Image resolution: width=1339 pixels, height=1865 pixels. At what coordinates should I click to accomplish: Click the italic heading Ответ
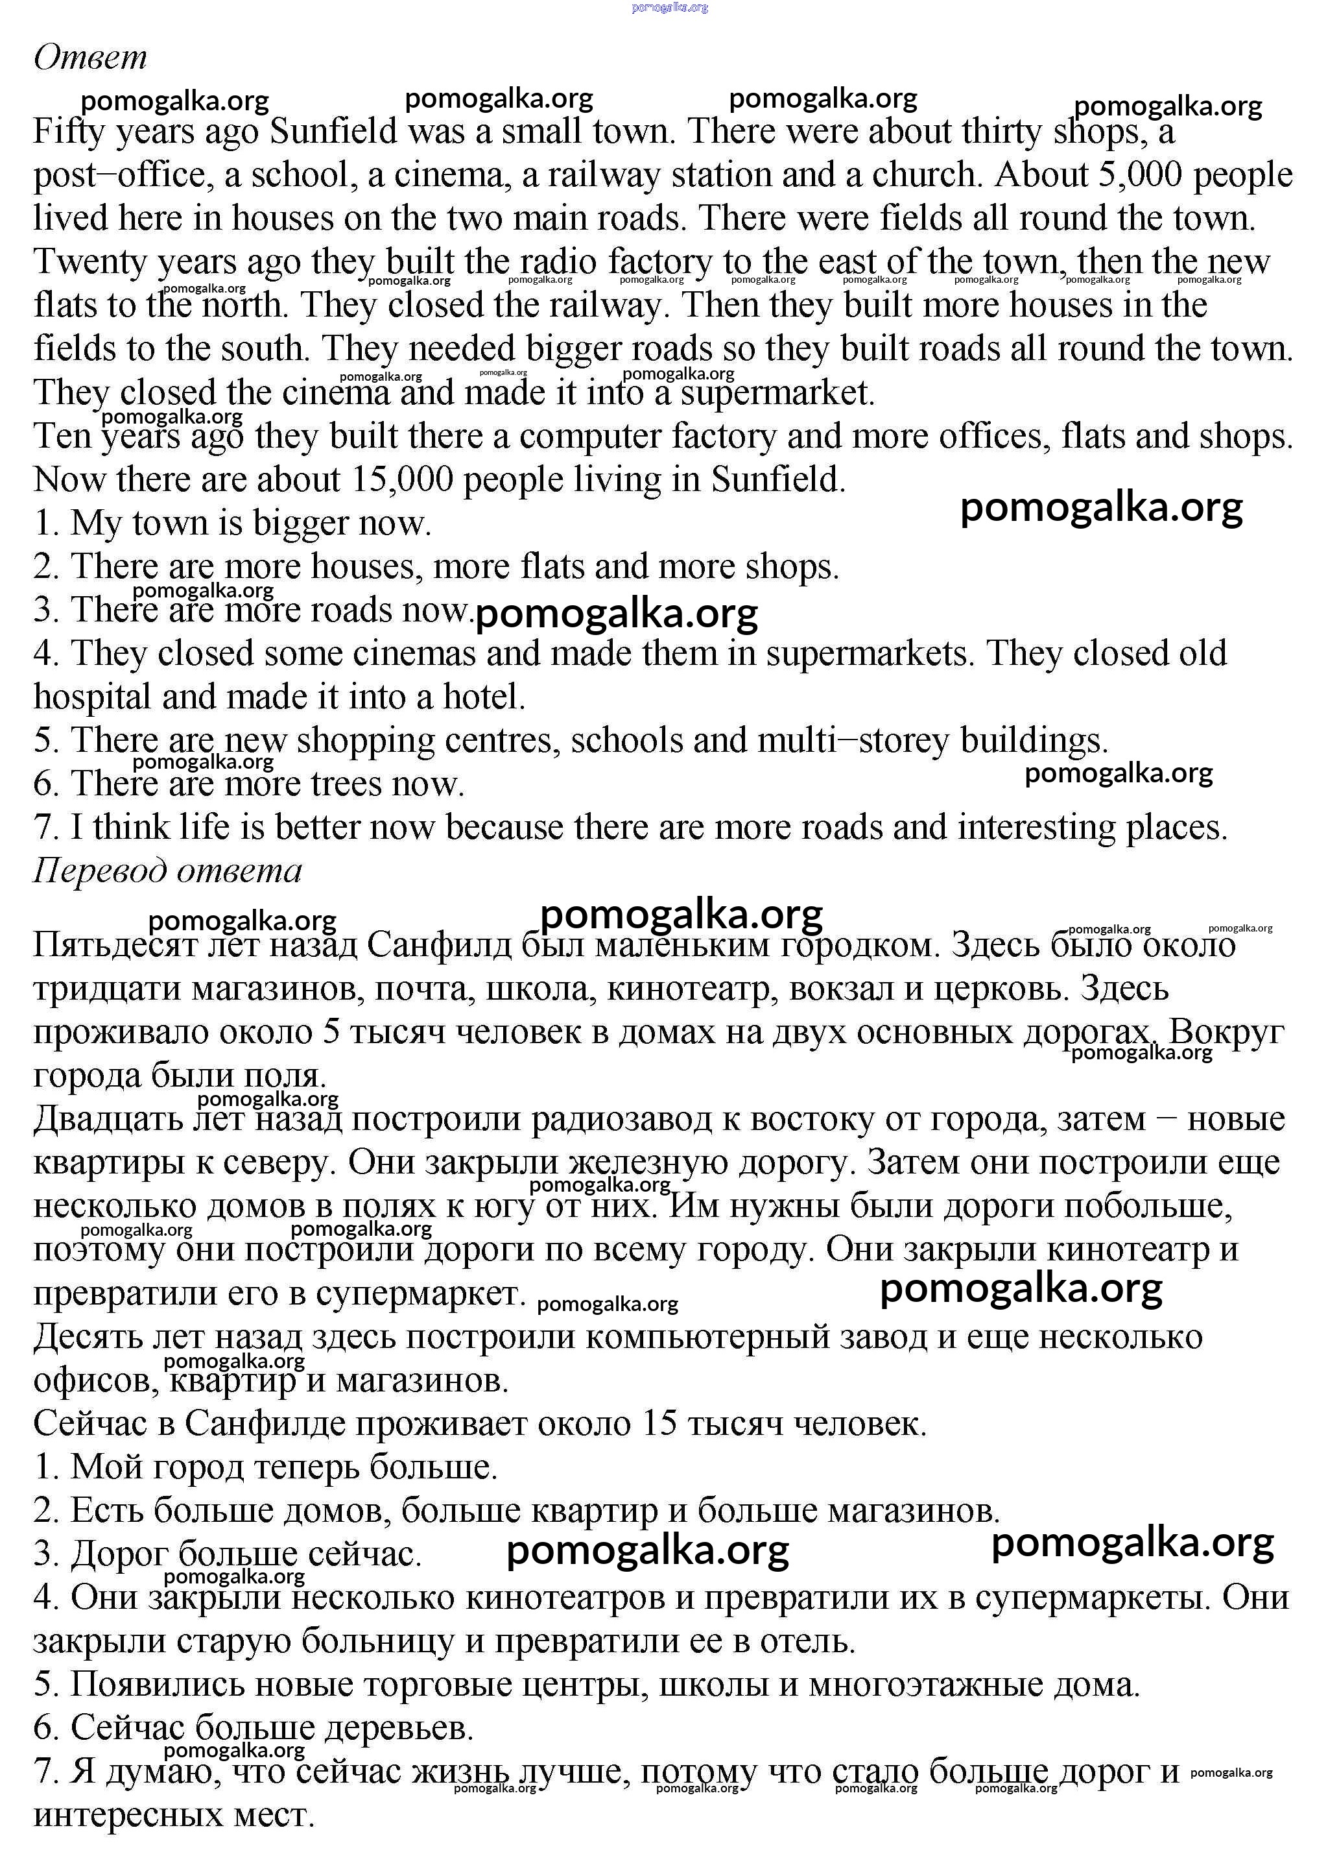tap(90, 58)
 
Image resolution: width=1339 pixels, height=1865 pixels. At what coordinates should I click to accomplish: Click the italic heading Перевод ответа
tap(168, 870)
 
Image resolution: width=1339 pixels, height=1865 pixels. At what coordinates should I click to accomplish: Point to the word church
tap(925, 174)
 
